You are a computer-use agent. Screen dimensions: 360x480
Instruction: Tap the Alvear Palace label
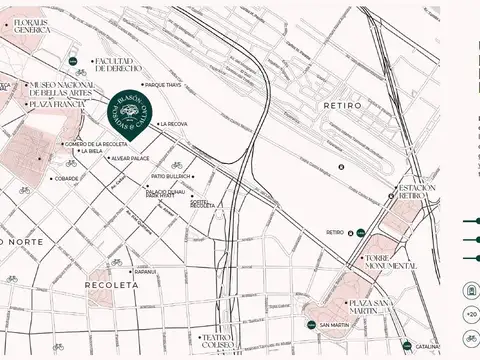pyautogui.click(x=130, y=158)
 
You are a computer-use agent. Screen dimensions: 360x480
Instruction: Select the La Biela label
pyautogui.click(x=119, y=151)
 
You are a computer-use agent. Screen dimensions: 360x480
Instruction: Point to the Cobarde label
pyautogui.click(x=67, y=179)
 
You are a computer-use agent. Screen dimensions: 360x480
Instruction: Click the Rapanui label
pyautogui.click(x=146, y=271)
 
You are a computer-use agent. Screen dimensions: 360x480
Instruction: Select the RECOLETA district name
pyautogui.click(x=110, y=285)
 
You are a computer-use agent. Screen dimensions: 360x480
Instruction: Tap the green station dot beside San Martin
pyautogui.click(x=310, y=325)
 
